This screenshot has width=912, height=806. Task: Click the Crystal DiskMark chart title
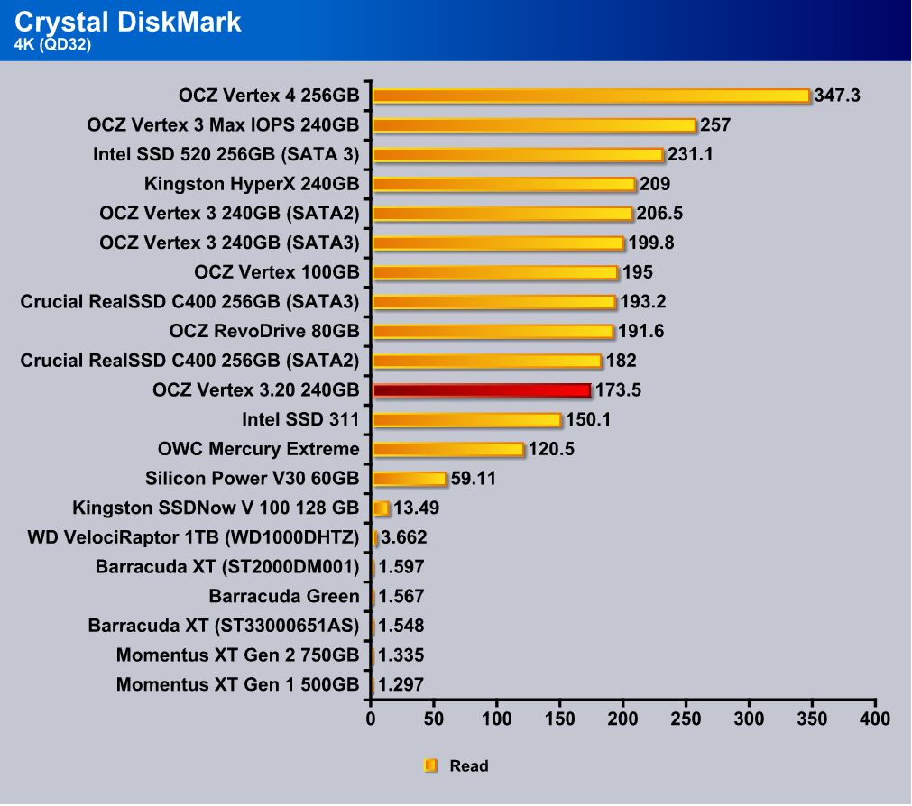tap(127, 22)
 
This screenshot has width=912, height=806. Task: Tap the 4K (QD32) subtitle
tap(53, 43)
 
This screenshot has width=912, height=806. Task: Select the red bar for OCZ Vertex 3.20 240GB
tap(482, 390)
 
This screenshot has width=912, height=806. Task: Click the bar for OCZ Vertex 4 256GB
tap(591, 96)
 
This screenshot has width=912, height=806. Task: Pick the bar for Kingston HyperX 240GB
tap(504, 184)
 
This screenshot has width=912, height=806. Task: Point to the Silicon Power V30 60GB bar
tap(410, 479)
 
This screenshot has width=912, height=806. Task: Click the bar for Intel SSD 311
tap(466, 419)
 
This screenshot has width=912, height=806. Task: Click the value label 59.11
tap(474, 479)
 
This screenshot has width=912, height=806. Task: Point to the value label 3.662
tap(403, 538)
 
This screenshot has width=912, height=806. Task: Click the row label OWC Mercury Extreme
tap(258, 449)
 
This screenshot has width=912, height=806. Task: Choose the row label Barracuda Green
tap(283, 596)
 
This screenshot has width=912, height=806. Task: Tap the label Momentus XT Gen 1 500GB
tap(237, 684)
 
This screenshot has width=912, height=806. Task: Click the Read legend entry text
tap(468, 766)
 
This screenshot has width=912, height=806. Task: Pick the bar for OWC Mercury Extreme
tap(447, 449)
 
